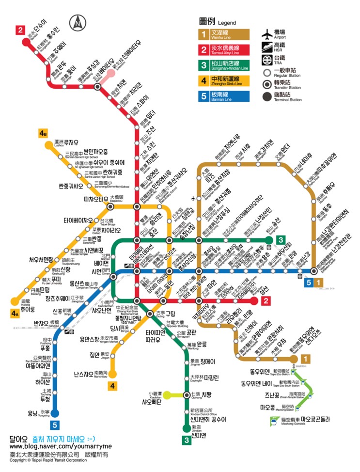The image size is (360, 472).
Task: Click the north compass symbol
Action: click(78, 22)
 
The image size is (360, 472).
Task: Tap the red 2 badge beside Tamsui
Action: click(20, 30)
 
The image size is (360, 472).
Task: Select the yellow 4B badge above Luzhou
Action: click(44, 133)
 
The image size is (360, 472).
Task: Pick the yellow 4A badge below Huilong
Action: click(16, 313)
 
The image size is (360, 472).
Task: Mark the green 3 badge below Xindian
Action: click(187, 440)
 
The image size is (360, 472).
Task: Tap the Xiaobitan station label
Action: click(157, 398)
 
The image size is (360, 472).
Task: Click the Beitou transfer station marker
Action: click(98, 87)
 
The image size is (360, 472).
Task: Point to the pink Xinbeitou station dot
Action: click(112, 73)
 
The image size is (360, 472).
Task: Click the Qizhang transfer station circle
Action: click(187, 395)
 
